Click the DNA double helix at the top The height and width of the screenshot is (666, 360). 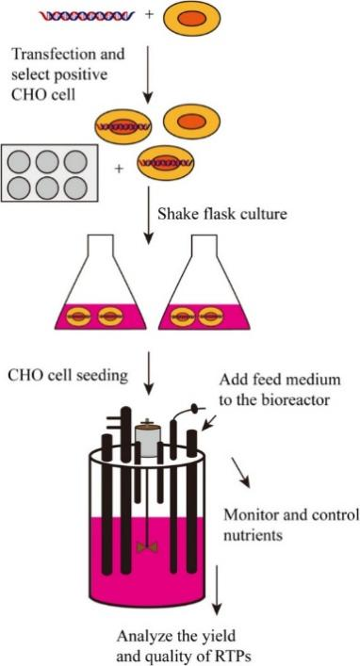[x=87, y=16]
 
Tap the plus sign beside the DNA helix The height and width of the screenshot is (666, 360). [x=149, y=14]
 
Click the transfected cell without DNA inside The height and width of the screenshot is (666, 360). [x=191, y=122]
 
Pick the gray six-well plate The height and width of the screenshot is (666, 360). [x=50, y=173]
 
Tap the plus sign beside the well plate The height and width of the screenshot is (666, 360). [x=120, y=169]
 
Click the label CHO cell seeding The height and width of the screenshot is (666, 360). [x=68, y=375]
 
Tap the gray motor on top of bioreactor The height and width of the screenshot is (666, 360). [x=147, y=441]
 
